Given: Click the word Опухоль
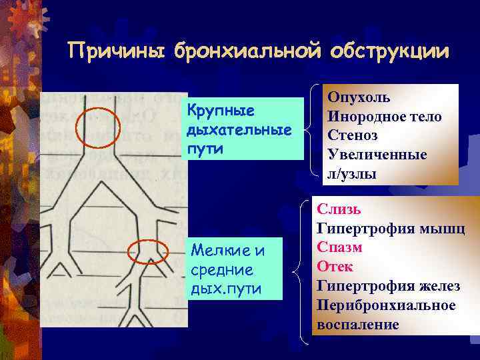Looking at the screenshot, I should point(359,97).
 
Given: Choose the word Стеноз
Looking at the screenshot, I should point(353,135).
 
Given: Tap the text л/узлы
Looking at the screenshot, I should point(351,174).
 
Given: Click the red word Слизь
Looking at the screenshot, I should point(339,209).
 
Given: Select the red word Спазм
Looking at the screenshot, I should point(339,247).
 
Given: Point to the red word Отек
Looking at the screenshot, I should point(335,267).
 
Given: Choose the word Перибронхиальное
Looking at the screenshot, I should point(386,305).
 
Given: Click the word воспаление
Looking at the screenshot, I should point(358,325).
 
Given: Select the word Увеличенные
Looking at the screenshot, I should point(377,155).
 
